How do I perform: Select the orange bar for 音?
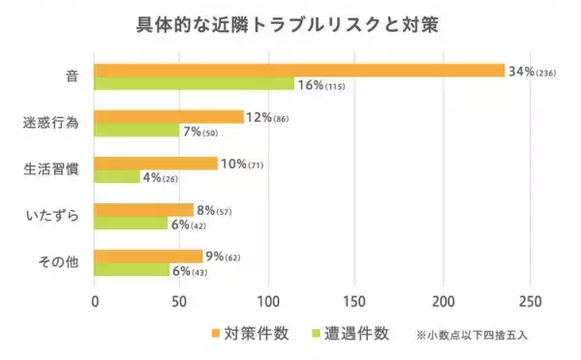click(299, 71)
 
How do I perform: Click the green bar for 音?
click(194, 84)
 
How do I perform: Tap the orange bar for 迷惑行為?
click(168, 116)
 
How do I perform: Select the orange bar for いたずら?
click(143, 209)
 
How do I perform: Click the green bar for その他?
click(132, 270)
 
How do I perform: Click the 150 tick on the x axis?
click(356, 300)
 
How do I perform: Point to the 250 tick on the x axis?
click(531, 300)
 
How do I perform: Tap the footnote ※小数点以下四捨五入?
click(472, 335)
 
